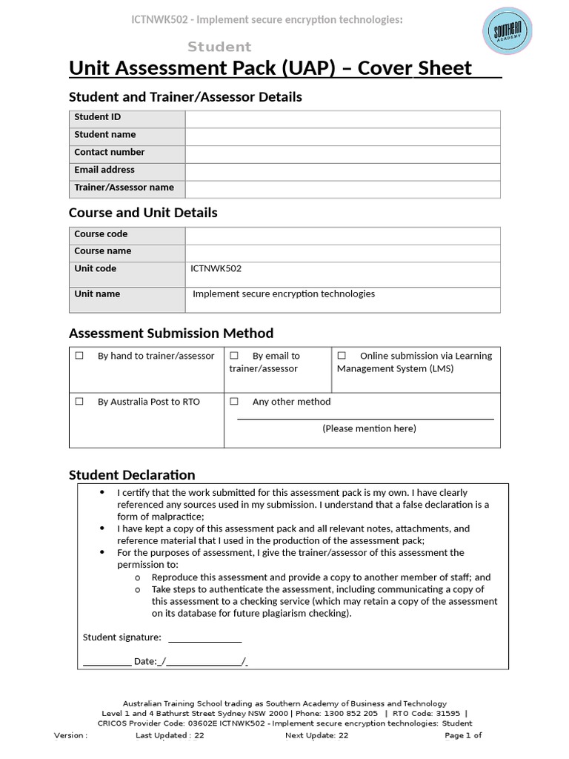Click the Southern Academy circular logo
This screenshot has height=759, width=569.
pyautogui.click(x=508, y=32)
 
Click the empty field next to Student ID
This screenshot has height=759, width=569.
pyautogui.click(x=342, y=119)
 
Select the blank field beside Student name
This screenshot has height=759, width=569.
pyautogui.click(x=342, y=136)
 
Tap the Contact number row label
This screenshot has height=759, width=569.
pyautogui.click(x=110, y=153)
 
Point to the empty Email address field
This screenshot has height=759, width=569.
pyautogui.click(x=342, y=171)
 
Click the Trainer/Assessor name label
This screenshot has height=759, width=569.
pyautogui.click(x=124, y=188)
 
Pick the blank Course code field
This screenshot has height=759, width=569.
pyautogui.click(x=342, y=235)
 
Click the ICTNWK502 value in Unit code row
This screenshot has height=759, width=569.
pyautogui.click(x=216, y=269)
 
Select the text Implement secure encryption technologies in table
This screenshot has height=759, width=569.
pyautogui.click(x=284, y=294)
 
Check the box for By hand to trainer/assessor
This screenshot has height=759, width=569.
pyautogui.click(x=79, y=356)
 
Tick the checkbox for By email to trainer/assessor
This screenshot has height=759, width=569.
pyautogui.click(x=234, y=356)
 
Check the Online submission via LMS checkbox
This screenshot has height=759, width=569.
pyautogui.click(x=342, y=356)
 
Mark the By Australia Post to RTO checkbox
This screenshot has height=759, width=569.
pyautogui.click(x=79, y=402)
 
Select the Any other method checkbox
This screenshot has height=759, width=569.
pyautogui.click(x=234, y=402)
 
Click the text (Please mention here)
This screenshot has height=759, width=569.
pyautogui.click(x=369, y=428)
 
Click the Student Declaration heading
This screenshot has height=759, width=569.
pyautogui.click(x=132, y=475)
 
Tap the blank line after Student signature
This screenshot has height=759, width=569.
pyautogui.click(x=204, y=638)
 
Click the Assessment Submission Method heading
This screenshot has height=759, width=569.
pyautogui.click(x=171, y=334)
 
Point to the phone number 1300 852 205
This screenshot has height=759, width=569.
pyautogui.click(x=352, y=714)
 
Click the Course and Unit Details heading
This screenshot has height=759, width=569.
pyautogui.click(x=143, y=213)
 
